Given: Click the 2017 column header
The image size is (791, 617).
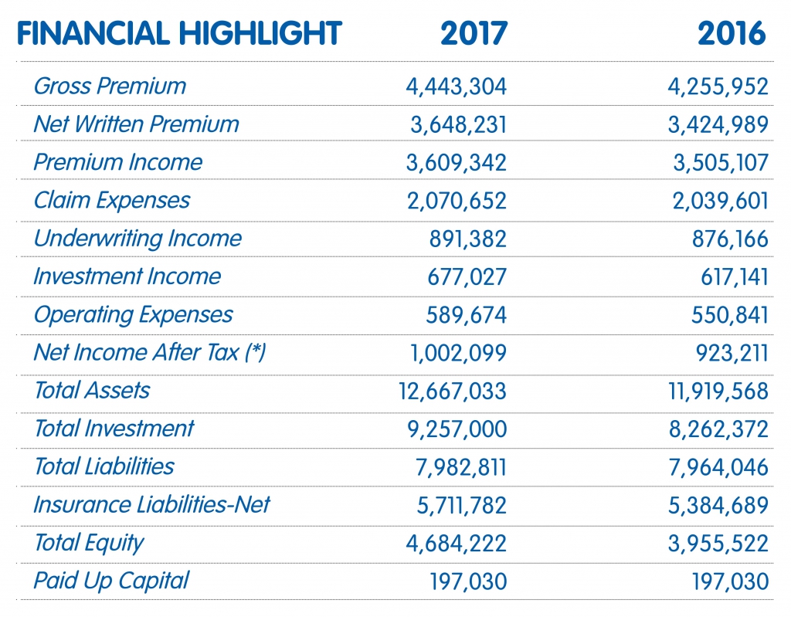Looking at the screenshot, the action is coord(474,34).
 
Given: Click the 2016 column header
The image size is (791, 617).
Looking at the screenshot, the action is coord(732,34).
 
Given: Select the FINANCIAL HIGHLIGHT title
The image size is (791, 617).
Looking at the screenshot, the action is coord(179,34).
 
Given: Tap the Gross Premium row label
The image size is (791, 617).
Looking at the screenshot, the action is coord(110,86).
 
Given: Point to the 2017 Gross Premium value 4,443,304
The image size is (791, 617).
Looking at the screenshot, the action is coord(456,86).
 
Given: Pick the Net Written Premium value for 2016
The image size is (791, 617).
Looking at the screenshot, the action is coord(718,124).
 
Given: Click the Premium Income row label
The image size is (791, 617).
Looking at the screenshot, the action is coord(118,162).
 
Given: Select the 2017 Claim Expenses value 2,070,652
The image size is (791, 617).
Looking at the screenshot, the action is coord(457,201).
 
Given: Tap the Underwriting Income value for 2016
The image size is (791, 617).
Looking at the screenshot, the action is coord(730,239).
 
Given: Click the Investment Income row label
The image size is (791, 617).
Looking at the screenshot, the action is coord(127,276).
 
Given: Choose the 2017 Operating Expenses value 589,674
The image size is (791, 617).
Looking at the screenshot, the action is coord(466,315).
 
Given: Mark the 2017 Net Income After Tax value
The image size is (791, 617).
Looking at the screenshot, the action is coord(458,353).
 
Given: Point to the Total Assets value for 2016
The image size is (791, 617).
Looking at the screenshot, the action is coord(718,391).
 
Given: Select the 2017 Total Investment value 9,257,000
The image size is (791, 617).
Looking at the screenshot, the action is coord(457,429).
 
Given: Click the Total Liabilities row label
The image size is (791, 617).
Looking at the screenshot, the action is coord(104,466).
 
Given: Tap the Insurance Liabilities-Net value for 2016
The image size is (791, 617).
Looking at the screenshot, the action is coord(718,506).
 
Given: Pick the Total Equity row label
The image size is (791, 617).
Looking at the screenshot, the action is coord(89,544).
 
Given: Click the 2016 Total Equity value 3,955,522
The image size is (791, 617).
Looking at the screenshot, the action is coord(718,544).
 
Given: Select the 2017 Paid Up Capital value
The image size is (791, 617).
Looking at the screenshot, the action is coord(468,581).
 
